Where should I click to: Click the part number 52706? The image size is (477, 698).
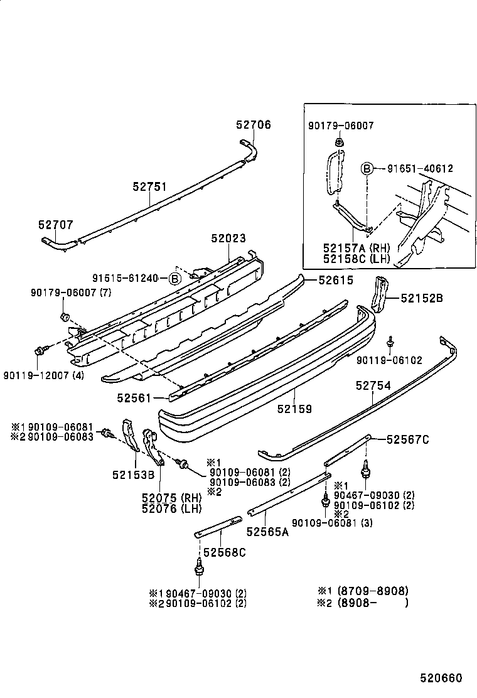point(254,125)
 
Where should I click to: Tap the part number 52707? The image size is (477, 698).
point(55,223)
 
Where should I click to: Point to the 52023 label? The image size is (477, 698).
point(228,238)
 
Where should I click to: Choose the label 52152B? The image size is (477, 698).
point(422,299)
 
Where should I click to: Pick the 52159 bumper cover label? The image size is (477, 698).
point(295,409)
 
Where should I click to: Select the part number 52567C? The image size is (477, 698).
point(407,439)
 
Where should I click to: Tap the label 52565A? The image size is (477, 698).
point(267,532)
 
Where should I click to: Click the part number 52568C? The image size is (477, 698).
point(224,552)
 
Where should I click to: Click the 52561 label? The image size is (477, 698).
point(133,397)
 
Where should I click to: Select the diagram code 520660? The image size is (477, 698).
point(441,678)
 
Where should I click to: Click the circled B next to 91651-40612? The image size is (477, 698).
point(367,168)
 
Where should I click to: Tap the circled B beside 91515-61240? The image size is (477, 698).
point(175,278)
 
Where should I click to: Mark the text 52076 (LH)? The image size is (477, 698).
point(171,509)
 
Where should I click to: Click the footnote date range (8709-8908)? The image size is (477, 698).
point(373,591)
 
